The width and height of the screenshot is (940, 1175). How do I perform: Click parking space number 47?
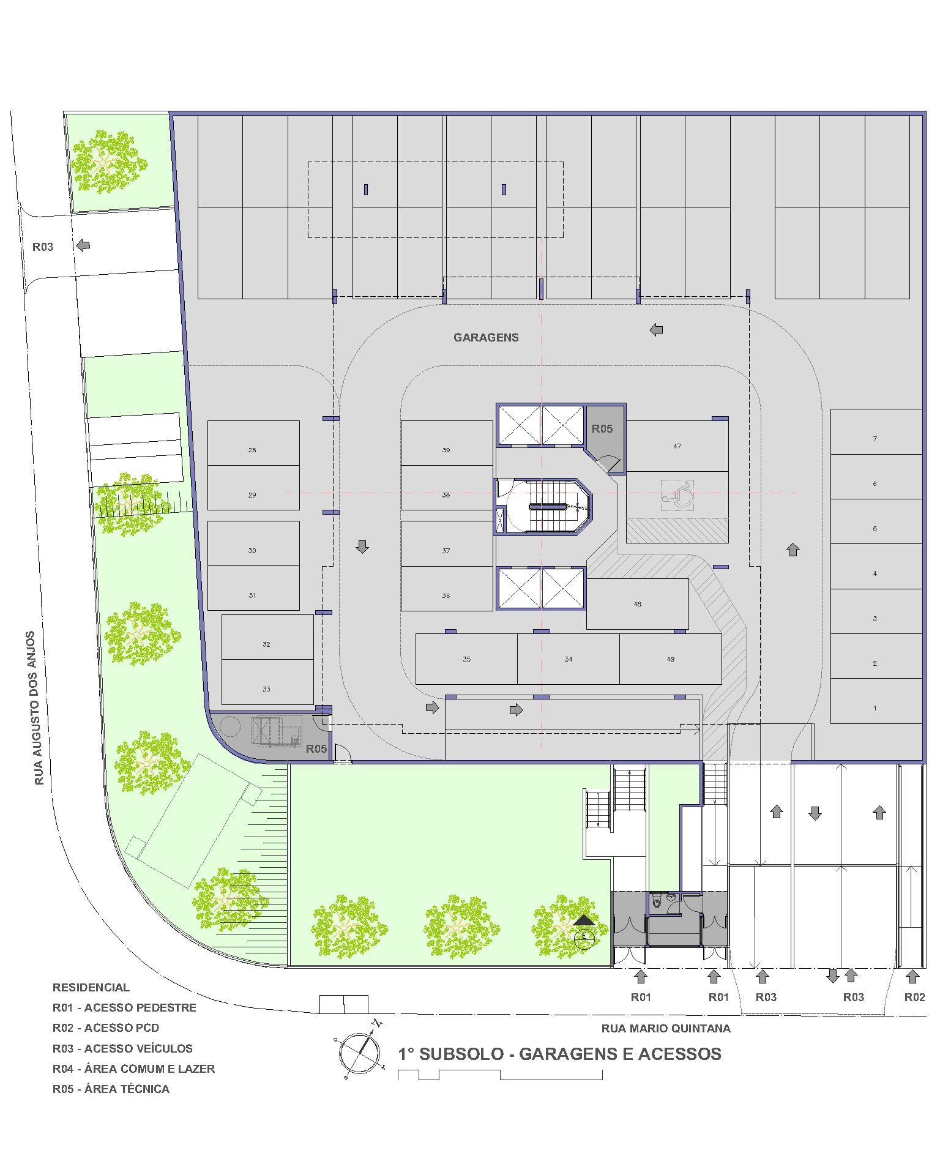677,446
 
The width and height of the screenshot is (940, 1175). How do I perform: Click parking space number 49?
671,659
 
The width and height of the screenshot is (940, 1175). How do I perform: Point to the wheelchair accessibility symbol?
678,494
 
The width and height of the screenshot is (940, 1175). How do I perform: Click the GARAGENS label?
486,337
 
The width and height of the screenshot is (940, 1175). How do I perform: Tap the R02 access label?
914,997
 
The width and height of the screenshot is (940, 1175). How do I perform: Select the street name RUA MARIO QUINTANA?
666,1028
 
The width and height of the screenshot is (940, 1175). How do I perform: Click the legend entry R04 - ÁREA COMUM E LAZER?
133,1069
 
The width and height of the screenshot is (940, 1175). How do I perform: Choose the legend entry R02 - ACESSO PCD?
106,1028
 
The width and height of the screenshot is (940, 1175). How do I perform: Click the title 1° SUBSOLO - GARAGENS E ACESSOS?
560,1054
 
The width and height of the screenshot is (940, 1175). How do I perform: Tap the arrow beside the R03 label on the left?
83,245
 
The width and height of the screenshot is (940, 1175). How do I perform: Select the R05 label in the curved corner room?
316,748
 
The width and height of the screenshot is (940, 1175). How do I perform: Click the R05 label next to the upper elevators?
602,428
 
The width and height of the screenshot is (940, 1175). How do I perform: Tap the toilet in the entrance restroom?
657,902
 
